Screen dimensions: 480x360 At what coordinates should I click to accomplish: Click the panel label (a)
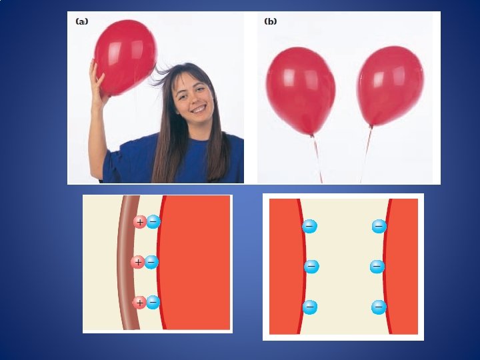(x=81, y=21)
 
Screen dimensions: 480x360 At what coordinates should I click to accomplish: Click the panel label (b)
(x=270, y=21)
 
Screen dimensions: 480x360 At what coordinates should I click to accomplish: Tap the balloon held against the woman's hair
(x=125, y=57)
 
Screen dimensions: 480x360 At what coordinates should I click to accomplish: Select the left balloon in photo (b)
(x=301, y=91)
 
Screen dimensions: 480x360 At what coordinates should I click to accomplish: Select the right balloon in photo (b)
(x=390, y=86)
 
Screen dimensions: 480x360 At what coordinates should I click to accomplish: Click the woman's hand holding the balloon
(x=98, y=82)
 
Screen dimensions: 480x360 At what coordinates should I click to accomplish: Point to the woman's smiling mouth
(x=199, y=109)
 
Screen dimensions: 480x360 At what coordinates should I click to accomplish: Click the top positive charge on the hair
(x=140, y=222)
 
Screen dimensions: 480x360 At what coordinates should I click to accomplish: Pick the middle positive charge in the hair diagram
(x=138, y=262)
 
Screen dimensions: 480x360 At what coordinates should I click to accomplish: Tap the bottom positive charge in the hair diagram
(x=139, y=303)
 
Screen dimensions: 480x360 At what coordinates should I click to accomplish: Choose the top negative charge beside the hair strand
(x=153, y=221)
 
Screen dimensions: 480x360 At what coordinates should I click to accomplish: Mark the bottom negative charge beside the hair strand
(x=153, y=303)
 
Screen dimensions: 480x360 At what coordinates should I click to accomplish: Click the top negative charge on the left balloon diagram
(x=309, y=226)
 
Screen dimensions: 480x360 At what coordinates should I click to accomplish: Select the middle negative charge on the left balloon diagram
(x=311, y=266)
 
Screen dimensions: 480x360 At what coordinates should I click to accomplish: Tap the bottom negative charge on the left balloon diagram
(x=310, y=307)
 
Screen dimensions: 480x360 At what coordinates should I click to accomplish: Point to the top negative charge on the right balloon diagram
(x=379, y=226)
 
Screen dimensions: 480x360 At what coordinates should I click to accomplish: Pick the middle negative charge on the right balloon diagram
(x=377, y=267)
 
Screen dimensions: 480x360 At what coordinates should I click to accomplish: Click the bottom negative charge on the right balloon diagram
(x=379, y=307)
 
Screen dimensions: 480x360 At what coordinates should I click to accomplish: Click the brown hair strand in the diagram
(x=126, y=263)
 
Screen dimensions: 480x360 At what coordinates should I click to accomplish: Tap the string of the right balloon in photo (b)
(x=366, y=155)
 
